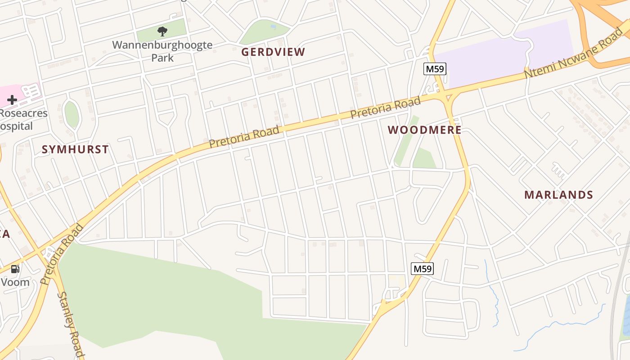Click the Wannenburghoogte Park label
(162, 51)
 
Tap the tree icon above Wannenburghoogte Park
(162, 31)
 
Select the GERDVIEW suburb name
(273, 52)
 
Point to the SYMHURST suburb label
(75, 149)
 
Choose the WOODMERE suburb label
(424, 130)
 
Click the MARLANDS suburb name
(558, 195)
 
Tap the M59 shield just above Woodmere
(435, 69)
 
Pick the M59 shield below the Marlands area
(423, 269)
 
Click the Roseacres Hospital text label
(22, 119)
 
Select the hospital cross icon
(12, 100)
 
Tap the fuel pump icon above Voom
(15, 269)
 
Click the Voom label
(15, 283)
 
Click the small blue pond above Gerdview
(273, 27)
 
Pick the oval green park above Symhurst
(72, 114)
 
